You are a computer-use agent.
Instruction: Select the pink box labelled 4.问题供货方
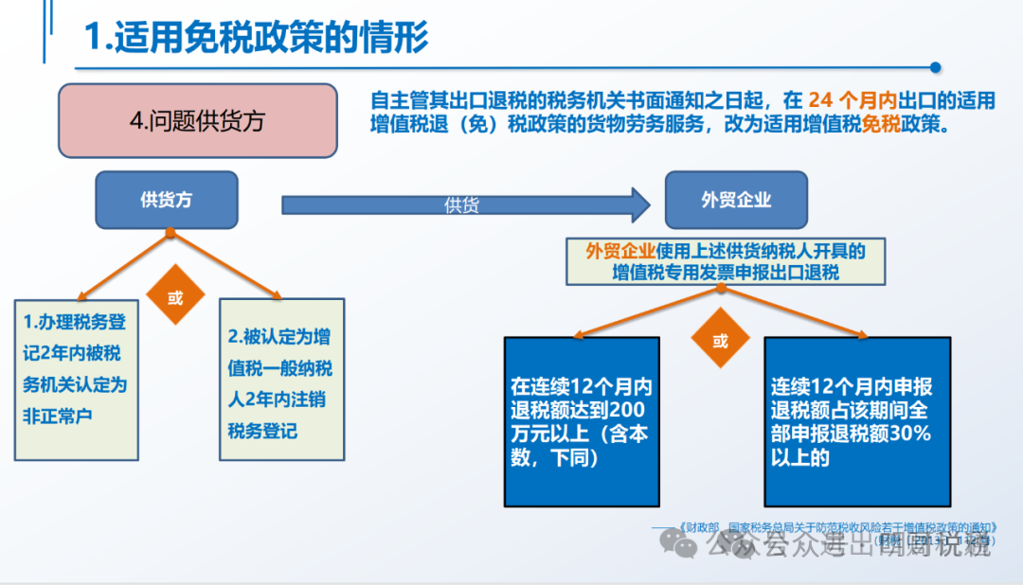pos(198,121)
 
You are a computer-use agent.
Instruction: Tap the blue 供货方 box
pos(166,200)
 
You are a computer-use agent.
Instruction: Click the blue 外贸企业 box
pos(736,200)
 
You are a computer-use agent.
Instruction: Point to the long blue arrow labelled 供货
pos(464,204)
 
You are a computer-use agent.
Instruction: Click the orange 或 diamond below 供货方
pos(176,297)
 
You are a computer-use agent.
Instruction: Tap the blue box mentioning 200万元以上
pos(580,421)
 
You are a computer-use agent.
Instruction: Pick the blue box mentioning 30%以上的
pos(857,421)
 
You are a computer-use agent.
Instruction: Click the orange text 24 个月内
pos(852,99)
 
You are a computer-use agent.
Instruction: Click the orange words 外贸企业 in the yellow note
pos(620,251)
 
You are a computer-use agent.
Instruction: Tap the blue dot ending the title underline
pos(935,67)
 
